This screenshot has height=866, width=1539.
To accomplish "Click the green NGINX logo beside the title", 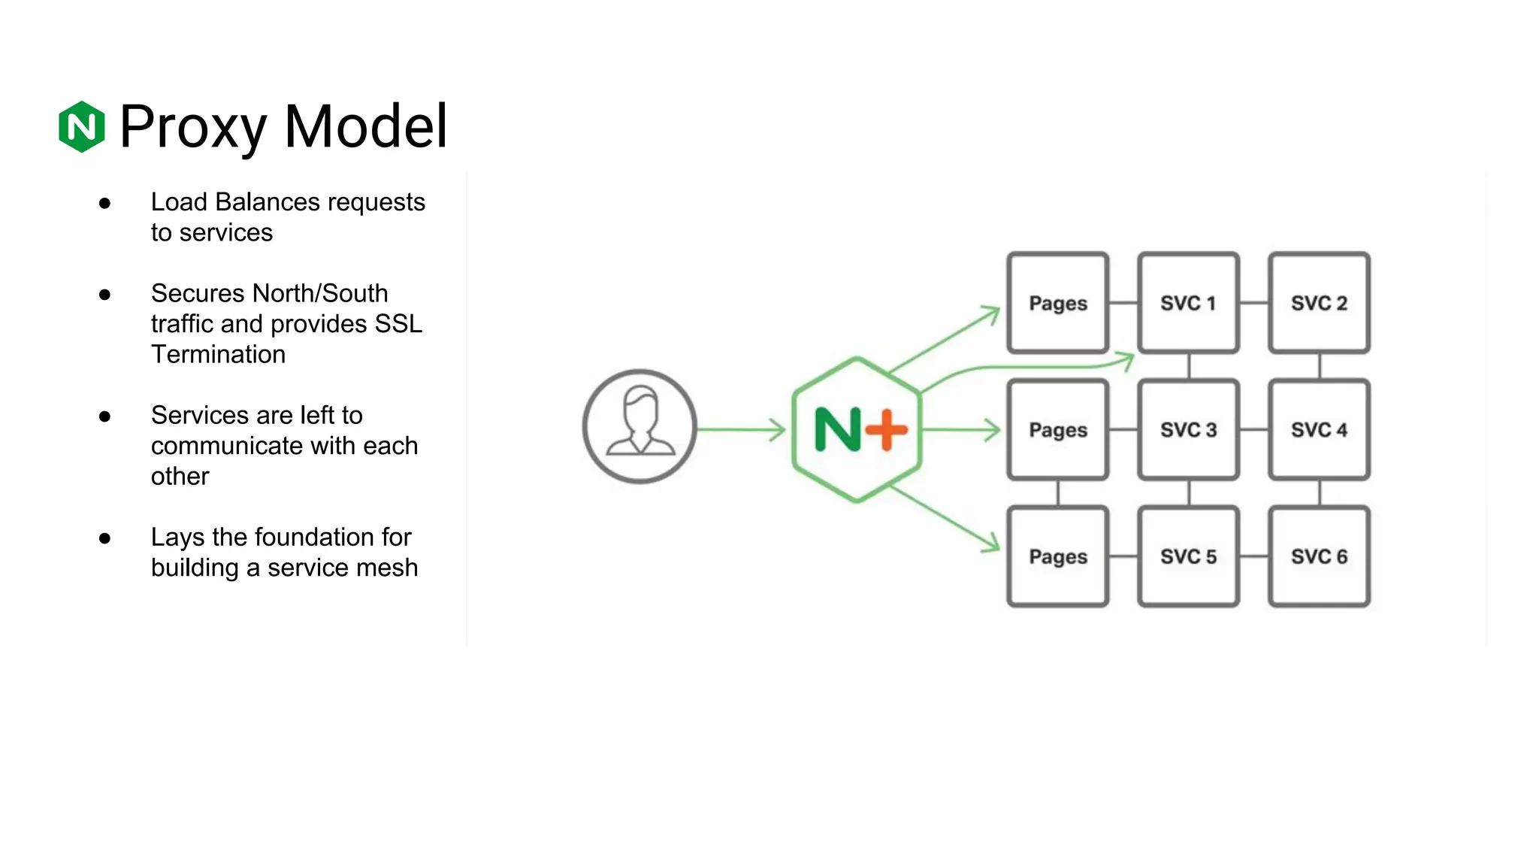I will point(81,126).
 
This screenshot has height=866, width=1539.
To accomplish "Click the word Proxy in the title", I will point(192,126).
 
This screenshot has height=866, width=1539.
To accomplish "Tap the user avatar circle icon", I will point(639,426).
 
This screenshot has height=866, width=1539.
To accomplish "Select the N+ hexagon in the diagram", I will point(857,429).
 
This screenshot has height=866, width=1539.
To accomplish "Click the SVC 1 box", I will point(1188,303).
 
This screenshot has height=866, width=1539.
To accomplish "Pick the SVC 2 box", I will point(1319,303).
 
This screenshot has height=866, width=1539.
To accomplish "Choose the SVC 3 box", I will point(1188,429).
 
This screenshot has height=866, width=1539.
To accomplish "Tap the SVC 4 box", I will point(1319,429).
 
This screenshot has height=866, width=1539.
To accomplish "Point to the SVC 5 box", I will point(1188,556).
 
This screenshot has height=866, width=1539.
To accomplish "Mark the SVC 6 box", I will point(1319,556).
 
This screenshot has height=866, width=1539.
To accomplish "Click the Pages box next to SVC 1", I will point(1057,303).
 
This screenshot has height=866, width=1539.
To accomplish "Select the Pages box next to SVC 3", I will point(1057,429).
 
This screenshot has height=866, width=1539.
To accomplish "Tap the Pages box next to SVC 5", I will point(1057,556).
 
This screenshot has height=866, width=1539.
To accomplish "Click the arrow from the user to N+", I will point(741,429).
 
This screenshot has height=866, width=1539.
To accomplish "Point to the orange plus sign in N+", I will point(887,429).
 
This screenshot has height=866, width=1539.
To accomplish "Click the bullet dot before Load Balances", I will point(105,203).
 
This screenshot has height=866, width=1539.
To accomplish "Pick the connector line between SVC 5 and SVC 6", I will point(1253,556).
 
